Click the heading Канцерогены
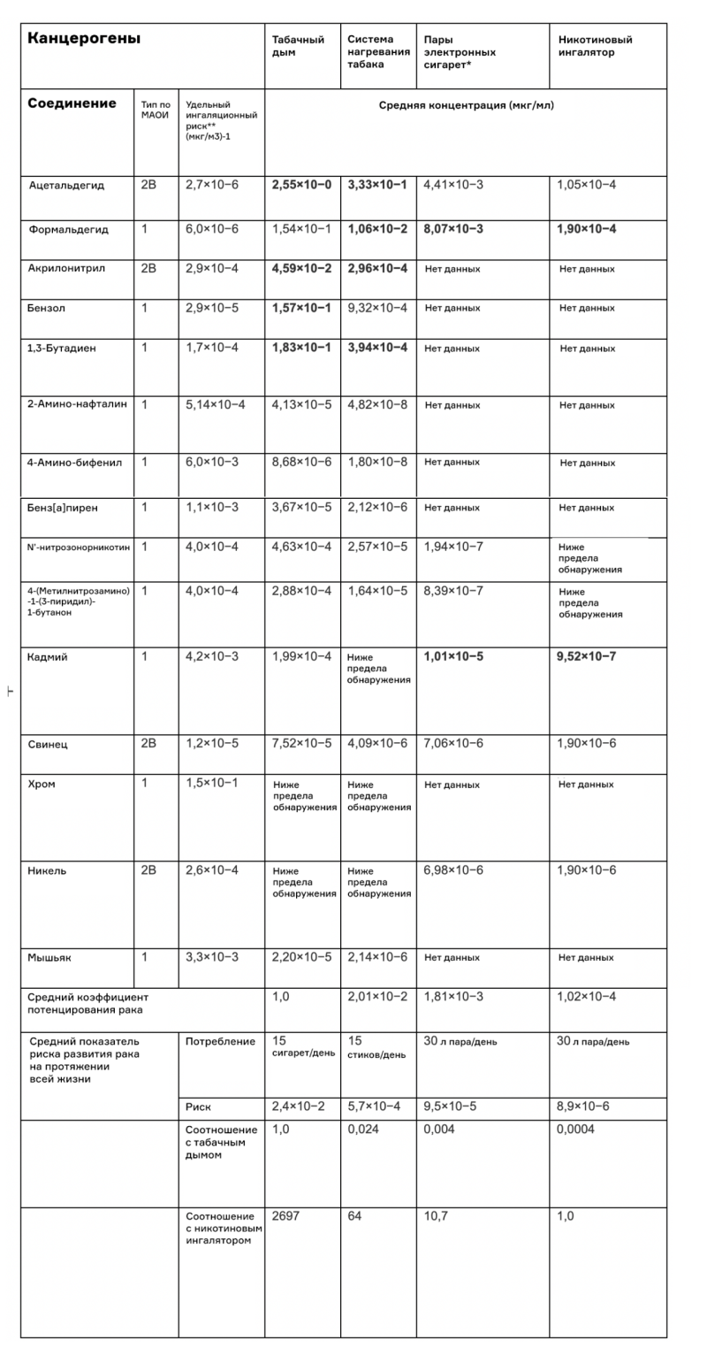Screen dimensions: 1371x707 tap(84, 39)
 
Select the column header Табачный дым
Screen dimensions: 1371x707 tap(298, 46)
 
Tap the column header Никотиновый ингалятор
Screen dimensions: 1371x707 tap(595, 46)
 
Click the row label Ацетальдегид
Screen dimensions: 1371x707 tap(66, 186)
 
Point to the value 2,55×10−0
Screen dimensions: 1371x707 tap(301, 185)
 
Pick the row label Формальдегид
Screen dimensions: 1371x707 tap(68, 229)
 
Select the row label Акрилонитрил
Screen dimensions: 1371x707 tap(66, 268)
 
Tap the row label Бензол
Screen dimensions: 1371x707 tap(47, 308)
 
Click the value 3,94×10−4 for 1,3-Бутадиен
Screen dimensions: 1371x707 tap(377, 348)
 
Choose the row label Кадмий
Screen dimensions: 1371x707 tap(48, 657)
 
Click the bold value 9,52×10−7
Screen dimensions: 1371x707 tap(587, 656)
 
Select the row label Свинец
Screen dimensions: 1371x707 tap(48, 744)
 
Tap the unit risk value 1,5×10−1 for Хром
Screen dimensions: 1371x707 tap(211, 784)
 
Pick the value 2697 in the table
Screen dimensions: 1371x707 tap(285, 1216)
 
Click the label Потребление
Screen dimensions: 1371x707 tap(220, 1041)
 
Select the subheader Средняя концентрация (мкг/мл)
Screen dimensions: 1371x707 tap(467, 105)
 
